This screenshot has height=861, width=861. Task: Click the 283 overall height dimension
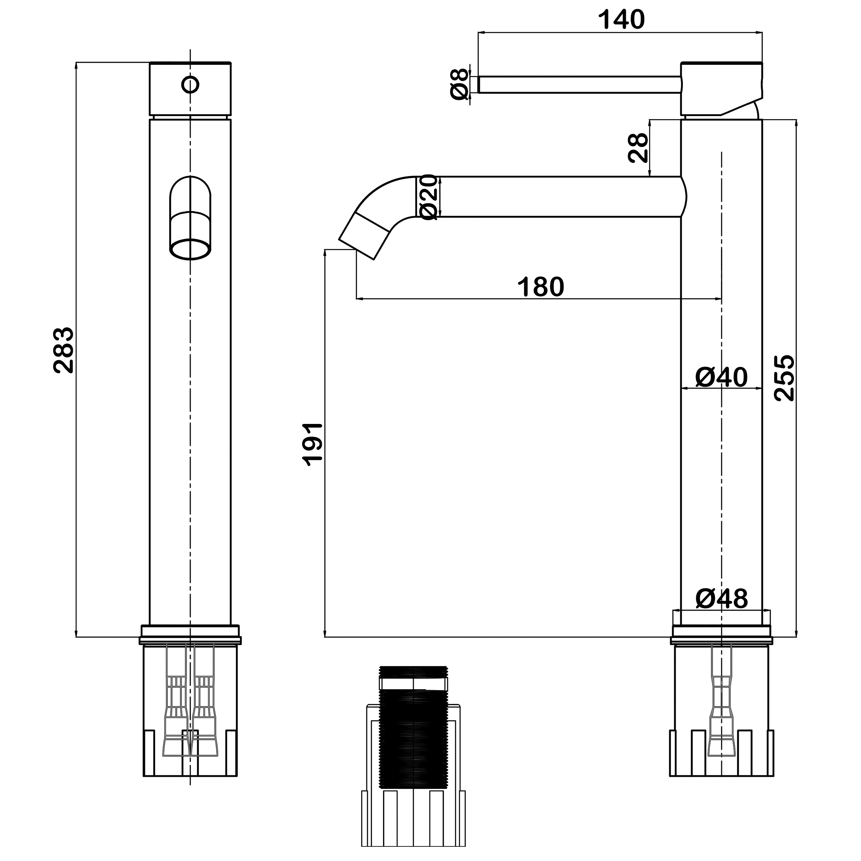64,350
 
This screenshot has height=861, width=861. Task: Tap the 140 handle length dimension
621,19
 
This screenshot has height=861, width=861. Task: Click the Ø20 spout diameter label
429,196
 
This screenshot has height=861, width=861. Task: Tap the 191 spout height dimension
313,444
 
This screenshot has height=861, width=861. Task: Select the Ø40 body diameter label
721,378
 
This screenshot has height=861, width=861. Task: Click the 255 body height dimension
784,378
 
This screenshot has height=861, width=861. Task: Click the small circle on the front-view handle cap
190,84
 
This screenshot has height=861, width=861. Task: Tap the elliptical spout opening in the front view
190,249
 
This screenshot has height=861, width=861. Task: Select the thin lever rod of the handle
579,85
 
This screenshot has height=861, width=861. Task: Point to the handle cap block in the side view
721,89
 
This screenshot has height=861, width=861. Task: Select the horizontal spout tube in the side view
550,196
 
